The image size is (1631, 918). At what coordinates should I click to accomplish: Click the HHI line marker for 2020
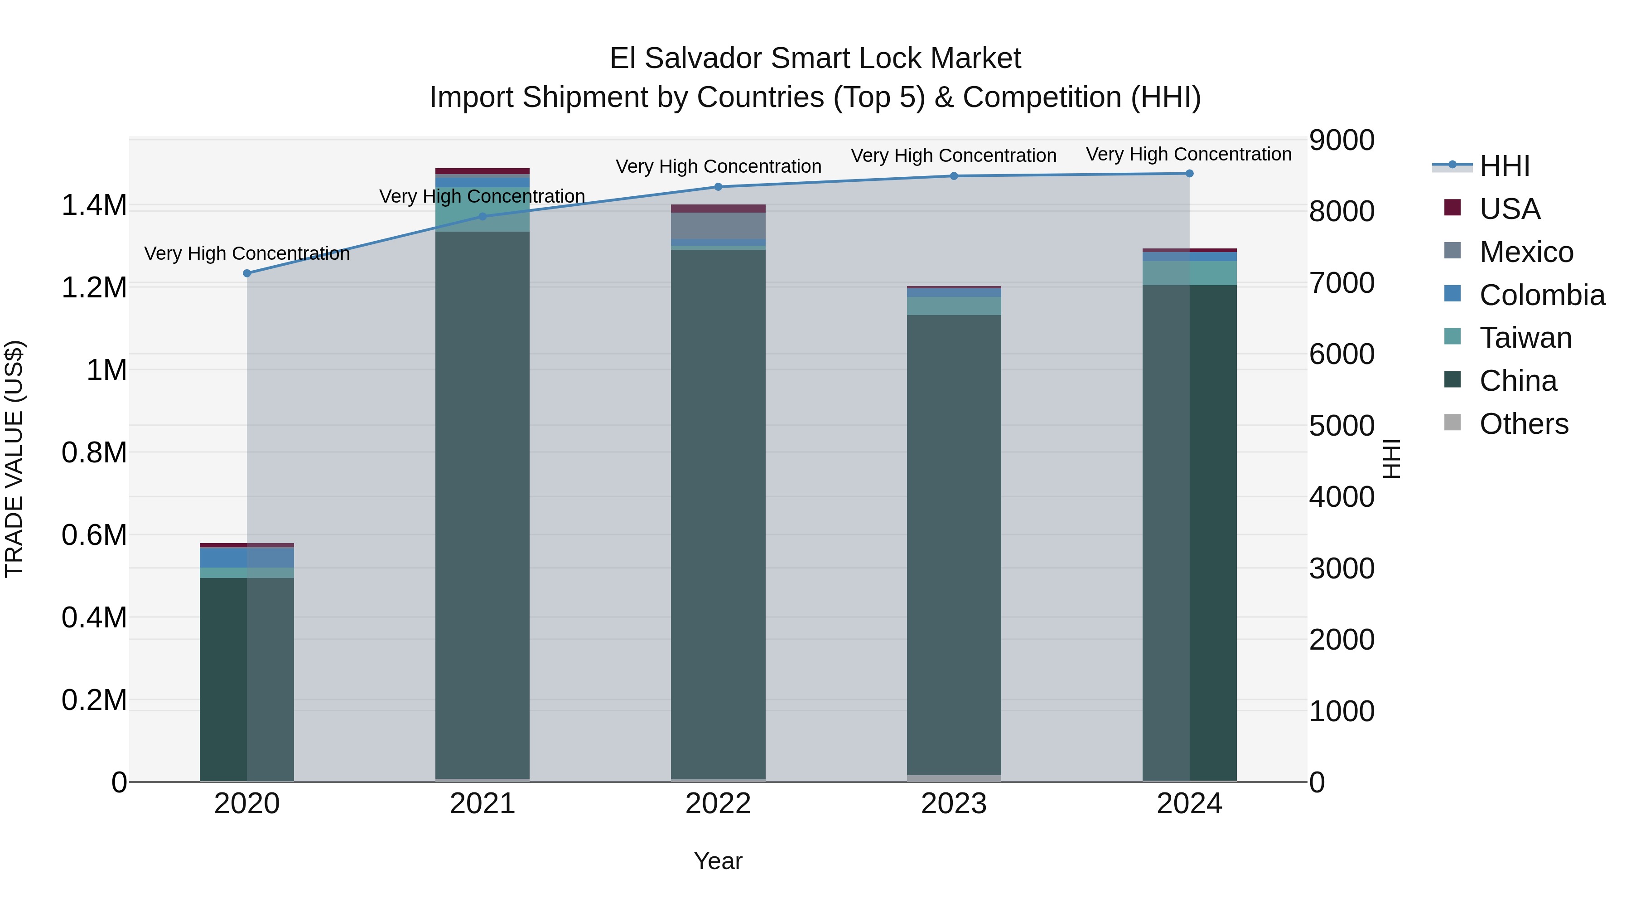point(247,273)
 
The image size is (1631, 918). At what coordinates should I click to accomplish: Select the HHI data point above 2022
point(718,187)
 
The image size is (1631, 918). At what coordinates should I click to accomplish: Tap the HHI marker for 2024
point(1189,174)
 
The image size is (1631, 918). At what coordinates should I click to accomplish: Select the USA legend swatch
point(1452,208)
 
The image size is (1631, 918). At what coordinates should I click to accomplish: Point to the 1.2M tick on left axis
point(94,287)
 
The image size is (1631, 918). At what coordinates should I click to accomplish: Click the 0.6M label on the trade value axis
point(94,535)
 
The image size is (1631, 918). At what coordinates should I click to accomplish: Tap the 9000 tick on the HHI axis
point(1341,140)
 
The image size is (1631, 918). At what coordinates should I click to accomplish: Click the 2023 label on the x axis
point(954,803)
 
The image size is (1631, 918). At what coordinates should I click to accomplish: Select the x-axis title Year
point(718,861)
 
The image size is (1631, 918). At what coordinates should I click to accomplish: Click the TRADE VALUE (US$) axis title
point(14,459)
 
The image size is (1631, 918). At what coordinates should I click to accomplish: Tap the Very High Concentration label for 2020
point(247,253)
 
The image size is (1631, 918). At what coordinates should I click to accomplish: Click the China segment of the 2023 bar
point(954,545)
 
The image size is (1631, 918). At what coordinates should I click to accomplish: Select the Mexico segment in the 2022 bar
point(718,226)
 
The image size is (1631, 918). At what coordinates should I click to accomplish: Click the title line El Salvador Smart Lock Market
point(815,58)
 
